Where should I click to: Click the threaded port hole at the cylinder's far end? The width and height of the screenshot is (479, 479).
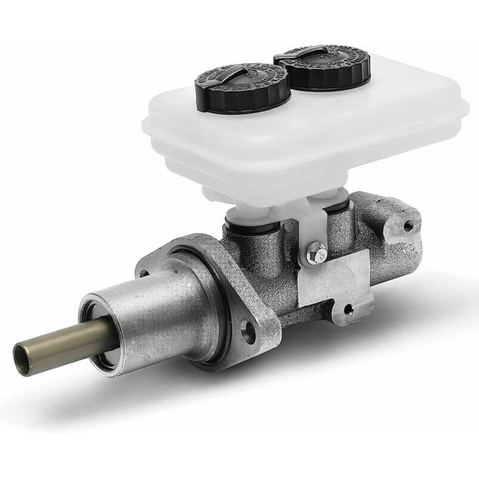point(408,225)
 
